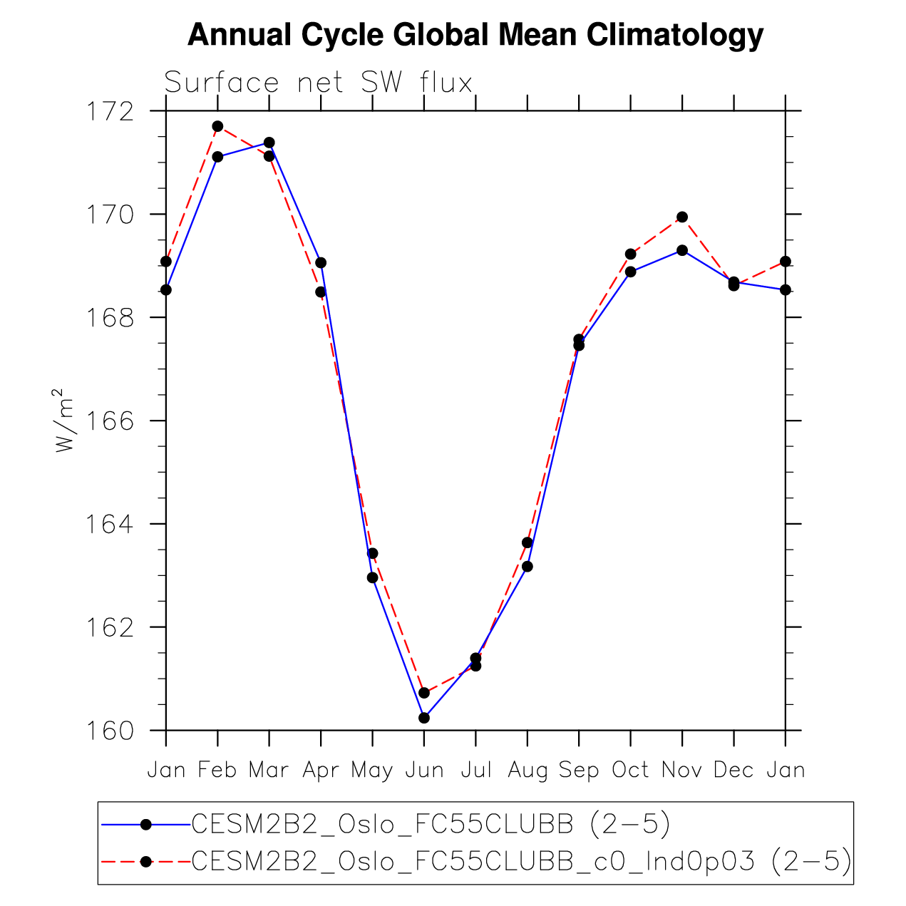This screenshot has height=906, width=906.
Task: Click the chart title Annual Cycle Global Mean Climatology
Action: pyautogui.click(x=475, y=35)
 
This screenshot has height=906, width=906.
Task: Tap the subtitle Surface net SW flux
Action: pyautogui.click(x=319, y=83)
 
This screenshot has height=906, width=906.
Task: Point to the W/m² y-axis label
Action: pyautogui.click(x=65, y=421)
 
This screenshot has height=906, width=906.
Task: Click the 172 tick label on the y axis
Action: pyautogui.click(x=110, y=112)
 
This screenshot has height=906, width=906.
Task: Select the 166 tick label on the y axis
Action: pyautogui.click(x=110, y=421)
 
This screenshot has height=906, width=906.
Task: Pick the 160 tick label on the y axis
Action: pyautogui.click(x=110, y=731)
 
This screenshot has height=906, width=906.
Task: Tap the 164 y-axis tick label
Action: pyautogui.click(x=110, y=525)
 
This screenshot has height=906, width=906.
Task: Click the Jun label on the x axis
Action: pyautogui.click(x=424, y=771)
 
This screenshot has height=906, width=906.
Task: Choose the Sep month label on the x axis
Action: pyautogui.click(x=579, y=771)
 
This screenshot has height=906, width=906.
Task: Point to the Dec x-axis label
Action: pyautogui.click(x=733, y=771)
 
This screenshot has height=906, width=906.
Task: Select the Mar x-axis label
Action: pyautogui.click(x=269, y=771)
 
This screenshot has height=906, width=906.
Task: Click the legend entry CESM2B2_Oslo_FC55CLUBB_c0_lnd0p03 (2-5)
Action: pyautogui.click(x=522, y=862)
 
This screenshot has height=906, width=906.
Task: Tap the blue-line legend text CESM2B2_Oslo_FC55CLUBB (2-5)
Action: pyautogui.click(x=431, y=824)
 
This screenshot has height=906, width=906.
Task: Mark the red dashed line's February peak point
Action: pyautogui.click(x=217, y=126)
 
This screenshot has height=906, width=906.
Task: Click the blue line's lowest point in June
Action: pyautogui.click(x=424, y=718)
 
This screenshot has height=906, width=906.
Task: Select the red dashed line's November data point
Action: pyautogui.click(x=682, y=217)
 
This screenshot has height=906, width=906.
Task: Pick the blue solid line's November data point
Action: pyautogui.click(x=682, y=250)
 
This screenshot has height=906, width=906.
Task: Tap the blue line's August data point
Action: pyautogui.click(x=527, y=566)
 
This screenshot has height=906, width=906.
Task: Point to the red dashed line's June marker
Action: pyautogui.click(x=424, y=693)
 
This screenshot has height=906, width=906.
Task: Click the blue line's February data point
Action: pyautogui.click(x=217, y=157)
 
